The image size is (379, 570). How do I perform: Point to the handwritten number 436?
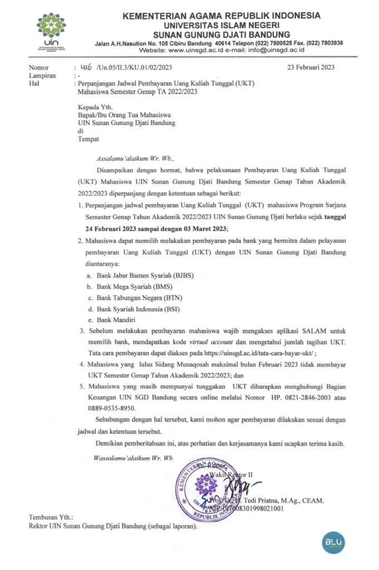pyautogui.click(x=87, y=68)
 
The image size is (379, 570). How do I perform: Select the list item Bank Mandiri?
pyautogui.click(x=119, y=320)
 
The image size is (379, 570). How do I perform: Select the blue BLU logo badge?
pyautogui.click(x=333, y=542)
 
